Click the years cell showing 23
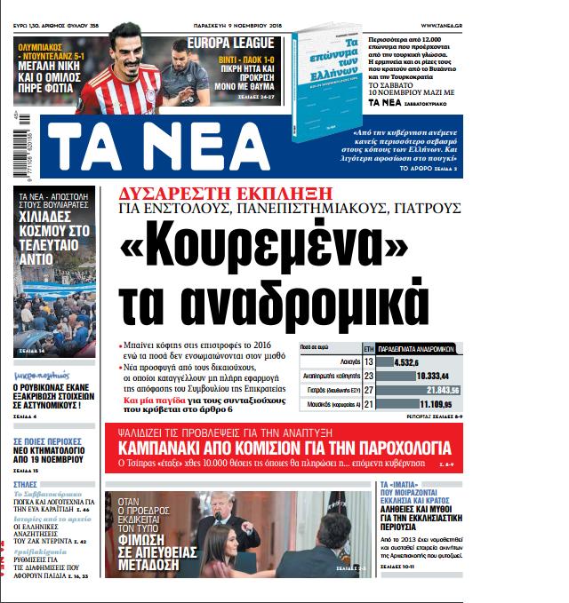(x=368, y=377)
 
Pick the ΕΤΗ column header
(x=368, y=348)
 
